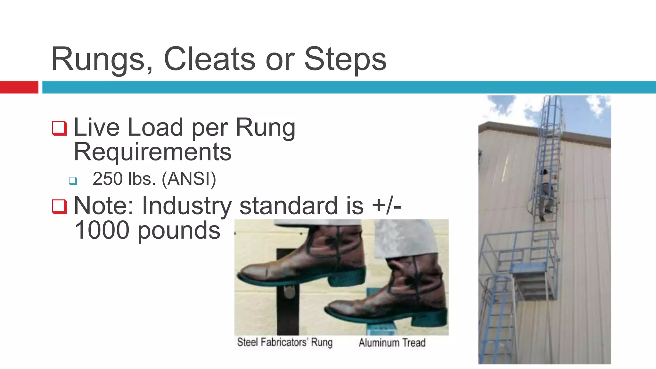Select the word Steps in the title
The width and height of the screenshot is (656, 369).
(345, 60)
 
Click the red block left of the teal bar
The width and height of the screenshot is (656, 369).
(19, 87)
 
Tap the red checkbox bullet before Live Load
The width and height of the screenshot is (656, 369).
(59, 128)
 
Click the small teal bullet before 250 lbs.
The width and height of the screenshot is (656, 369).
(73, 181)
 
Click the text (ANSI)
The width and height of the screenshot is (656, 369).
(189, 179)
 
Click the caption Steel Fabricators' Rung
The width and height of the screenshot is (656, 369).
(284, 342)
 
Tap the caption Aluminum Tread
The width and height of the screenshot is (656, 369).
(392, 343)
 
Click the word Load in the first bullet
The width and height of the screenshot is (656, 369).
(155, 127)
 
